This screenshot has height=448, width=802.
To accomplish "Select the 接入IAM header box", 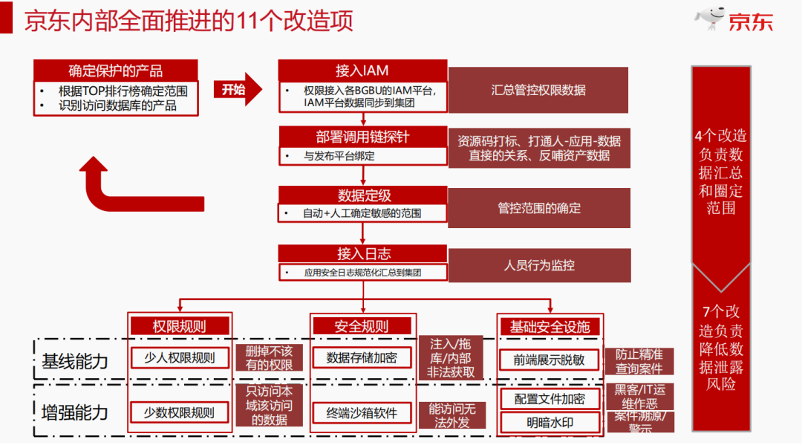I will tap(362, 71).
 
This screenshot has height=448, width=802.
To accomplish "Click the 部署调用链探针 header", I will tap(362, 137).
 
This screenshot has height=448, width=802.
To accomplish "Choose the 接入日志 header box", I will tap(363, 253).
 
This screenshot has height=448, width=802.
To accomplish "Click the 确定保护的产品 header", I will tap(115, 71).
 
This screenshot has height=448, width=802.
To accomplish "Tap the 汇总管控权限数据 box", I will tap(538, 90).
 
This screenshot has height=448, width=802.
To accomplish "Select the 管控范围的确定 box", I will tap(539, 208).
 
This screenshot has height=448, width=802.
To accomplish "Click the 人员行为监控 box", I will tap(539, 265).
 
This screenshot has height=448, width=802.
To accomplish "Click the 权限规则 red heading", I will tap(179, 326).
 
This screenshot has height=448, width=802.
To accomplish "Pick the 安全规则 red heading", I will tap(362, 326).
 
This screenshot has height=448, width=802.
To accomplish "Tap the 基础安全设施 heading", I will tap(550, 327).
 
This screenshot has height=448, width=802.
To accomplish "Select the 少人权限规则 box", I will tap(179, 358).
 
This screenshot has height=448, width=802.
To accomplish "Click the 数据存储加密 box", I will tap(362, 358).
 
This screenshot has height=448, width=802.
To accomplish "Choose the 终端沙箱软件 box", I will tap(362, 413).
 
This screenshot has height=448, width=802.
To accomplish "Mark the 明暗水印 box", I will tap(550, 423).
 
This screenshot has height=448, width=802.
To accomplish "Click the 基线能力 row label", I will tap(75, 361).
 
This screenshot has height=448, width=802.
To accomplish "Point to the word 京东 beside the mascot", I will tap(751, 22).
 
